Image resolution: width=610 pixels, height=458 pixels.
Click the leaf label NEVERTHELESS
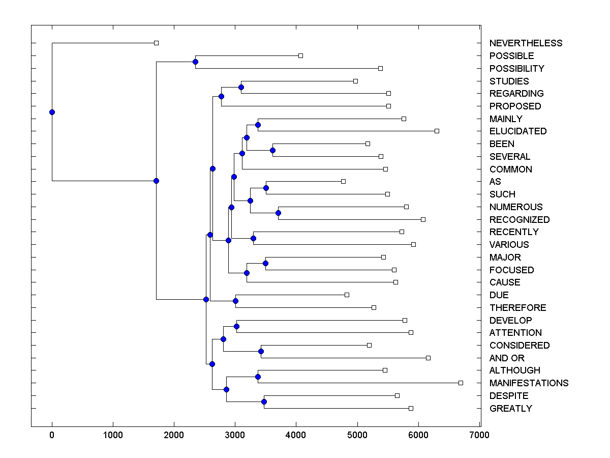click(526, 43)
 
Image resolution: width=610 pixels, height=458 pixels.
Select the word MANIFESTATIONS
click(529, 383)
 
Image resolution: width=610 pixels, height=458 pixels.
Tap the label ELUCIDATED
click(518, 131)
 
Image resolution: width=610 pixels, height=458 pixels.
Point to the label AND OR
click(507, 358)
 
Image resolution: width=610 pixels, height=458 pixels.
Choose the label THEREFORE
click(517, 308)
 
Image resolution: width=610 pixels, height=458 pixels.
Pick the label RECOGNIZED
click(520, 220)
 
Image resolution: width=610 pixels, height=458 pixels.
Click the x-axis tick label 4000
click(296, 435)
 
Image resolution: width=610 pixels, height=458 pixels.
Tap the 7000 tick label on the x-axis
click(479, 435)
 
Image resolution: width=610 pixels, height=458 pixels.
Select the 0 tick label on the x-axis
click(52, 435)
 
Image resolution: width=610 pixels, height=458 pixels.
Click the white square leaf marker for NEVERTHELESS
click(156, 43)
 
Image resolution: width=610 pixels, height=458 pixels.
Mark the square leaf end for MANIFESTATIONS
click(461, 383)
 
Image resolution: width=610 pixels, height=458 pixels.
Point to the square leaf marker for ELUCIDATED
click(437, 131)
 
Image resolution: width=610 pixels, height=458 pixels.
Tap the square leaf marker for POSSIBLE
click(300, 55)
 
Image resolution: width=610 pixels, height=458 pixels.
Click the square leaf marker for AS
click(343, 181)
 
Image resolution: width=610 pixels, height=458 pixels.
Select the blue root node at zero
click(52, 112)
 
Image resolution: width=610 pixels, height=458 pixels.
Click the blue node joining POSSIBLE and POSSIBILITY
click(195, 62)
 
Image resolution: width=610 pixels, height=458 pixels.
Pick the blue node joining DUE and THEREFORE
click(235, 301)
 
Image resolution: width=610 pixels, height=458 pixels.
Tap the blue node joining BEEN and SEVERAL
click(272, 150)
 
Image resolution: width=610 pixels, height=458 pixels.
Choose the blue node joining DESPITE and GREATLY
click(264, 402)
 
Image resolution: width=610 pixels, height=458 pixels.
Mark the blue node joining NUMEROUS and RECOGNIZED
click(278, 213)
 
